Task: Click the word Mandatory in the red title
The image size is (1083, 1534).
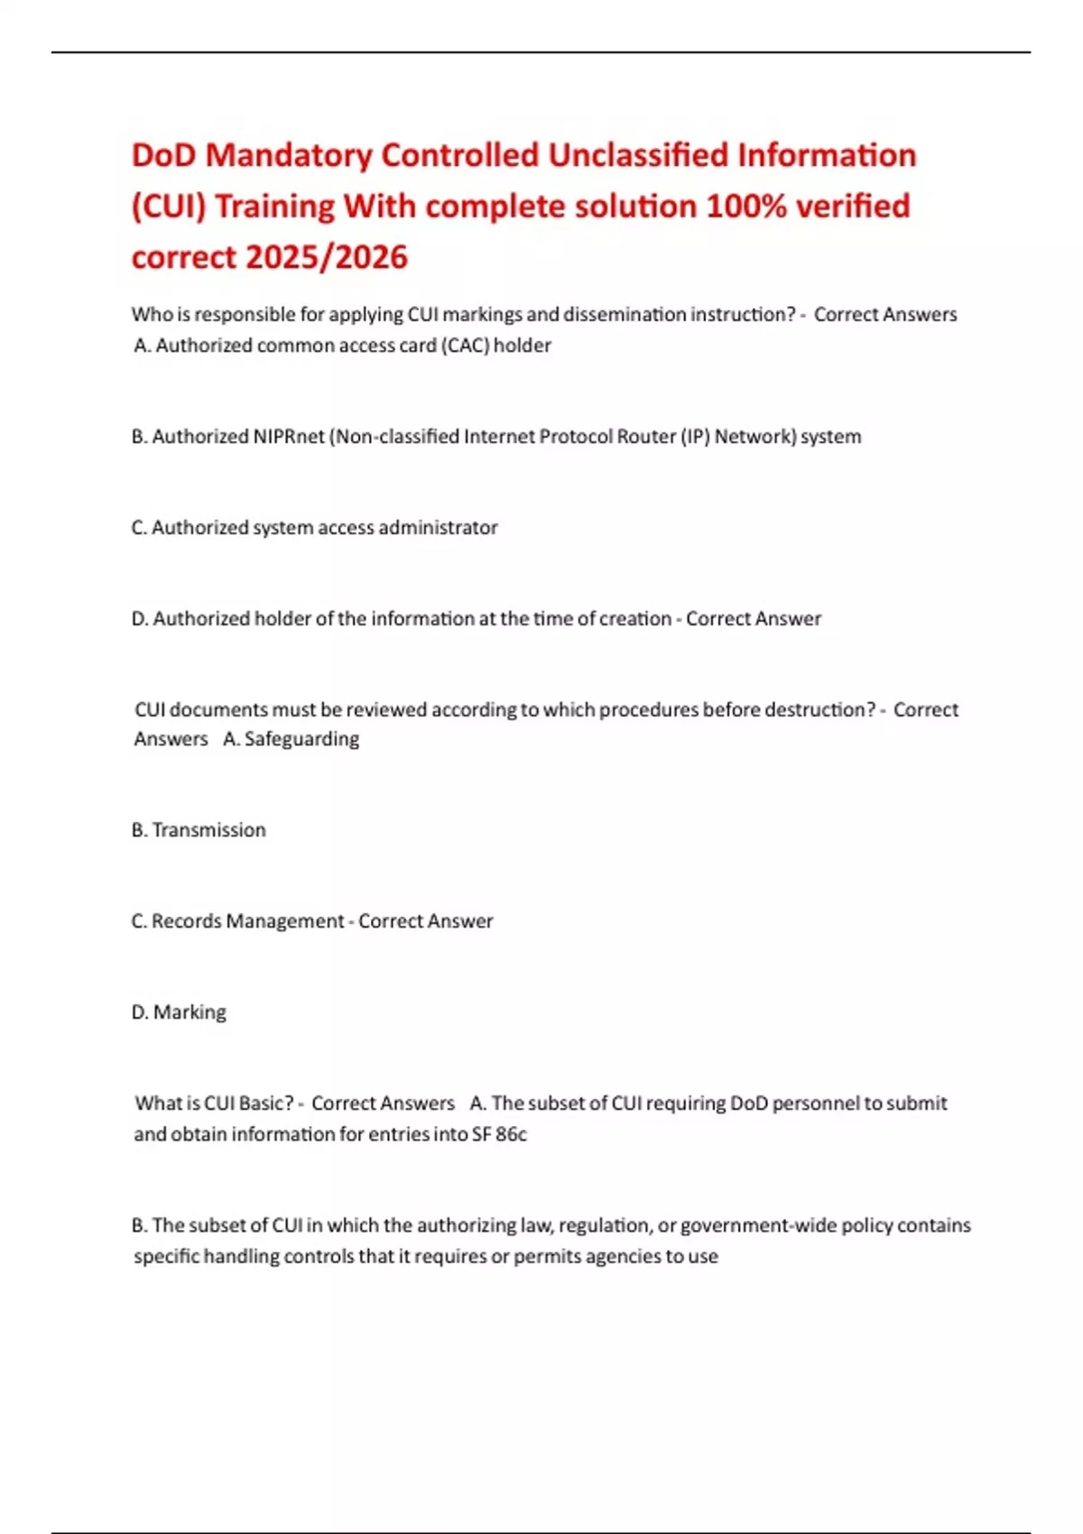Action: [x=288, y=155]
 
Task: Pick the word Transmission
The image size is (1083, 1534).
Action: [x=208, y=830]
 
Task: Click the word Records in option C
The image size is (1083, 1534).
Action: [x=186, y=921]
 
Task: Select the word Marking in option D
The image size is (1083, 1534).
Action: [x=190, y=1012]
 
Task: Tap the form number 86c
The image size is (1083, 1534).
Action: [x=511, y=1134]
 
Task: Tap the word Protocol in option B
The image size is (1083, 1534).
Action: [x=576, y=437]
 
